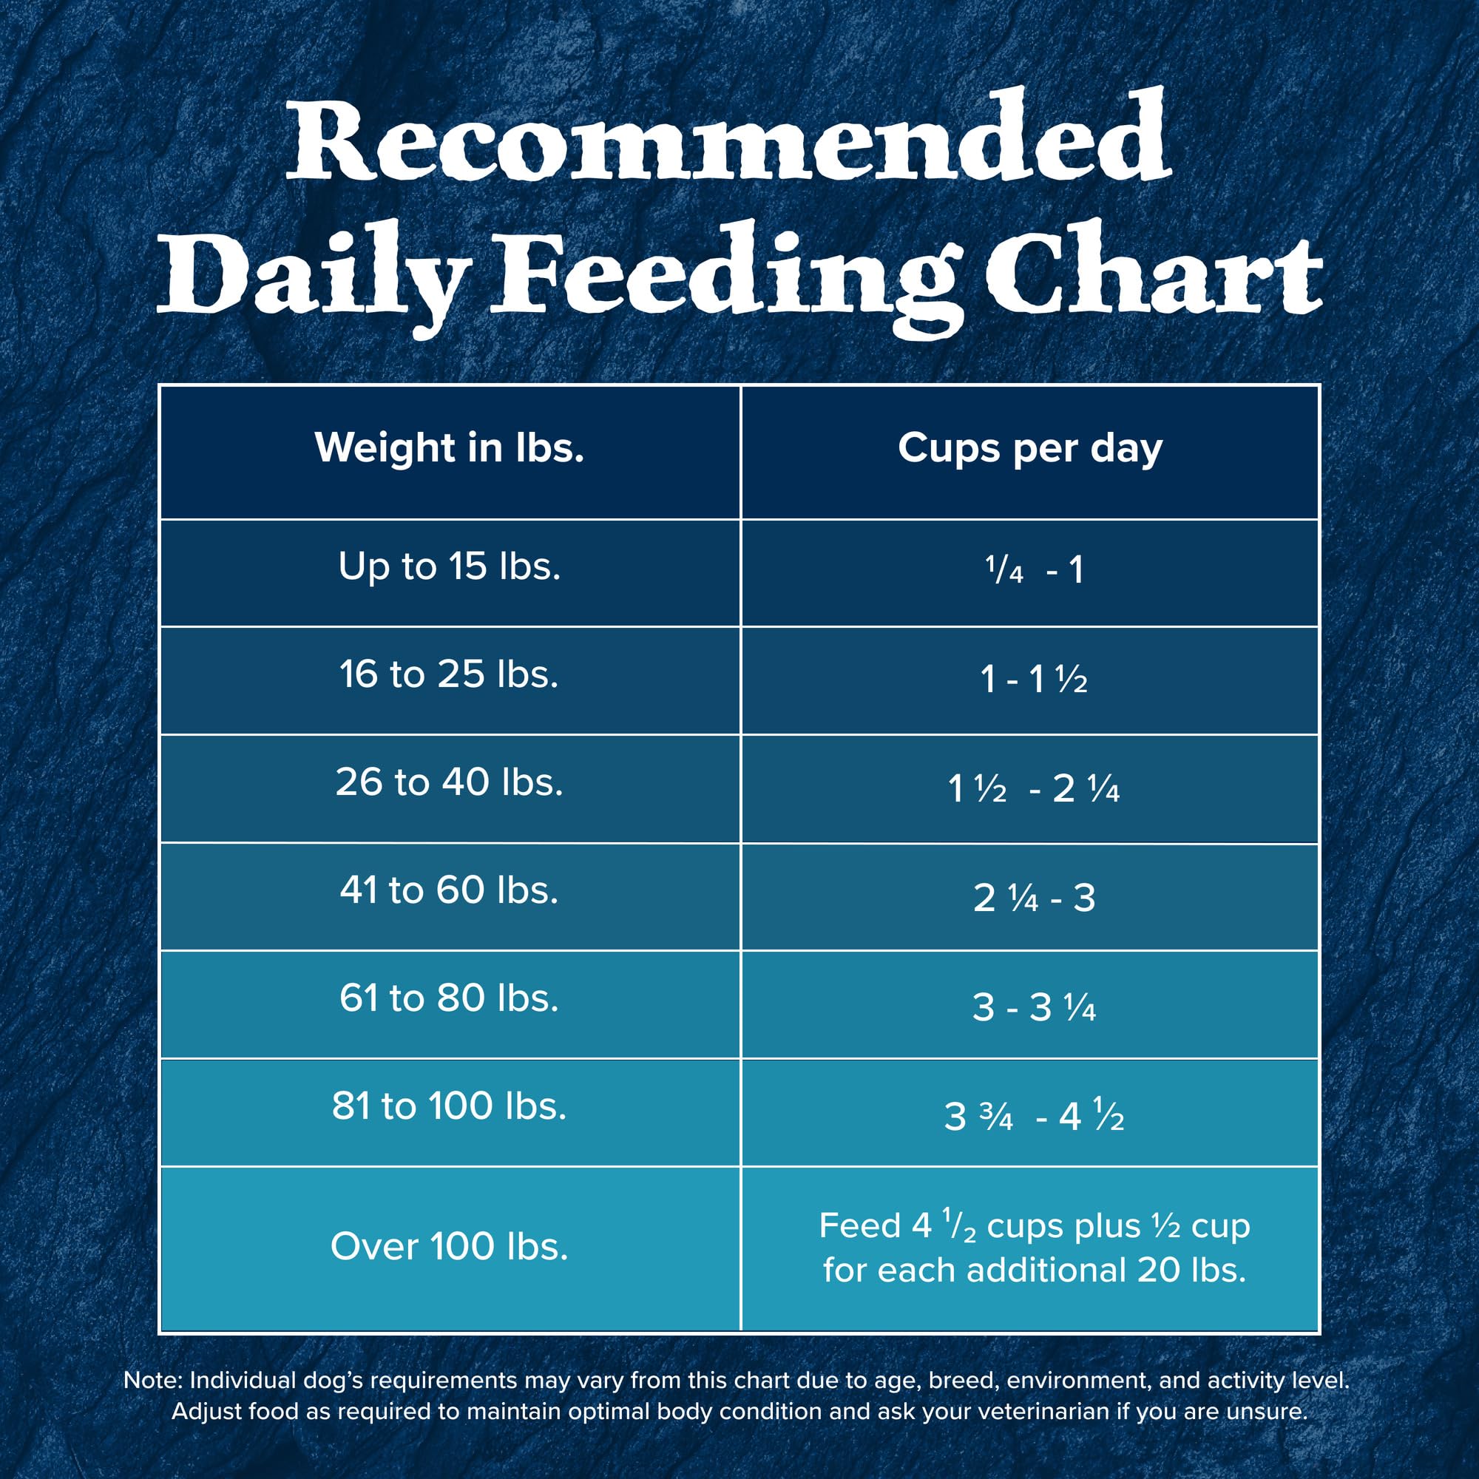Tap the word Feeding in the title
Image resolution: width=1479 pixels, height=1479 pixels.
(x=723, y=276)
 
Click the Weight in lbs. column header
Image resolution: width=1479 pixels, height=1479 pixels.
(x=450, y=448)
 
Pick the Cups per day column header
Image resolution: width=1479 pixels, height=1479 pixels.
(x=1029, y=450)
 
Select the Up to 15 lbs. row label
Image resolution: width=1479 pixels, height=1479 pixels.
(x=450, y=567)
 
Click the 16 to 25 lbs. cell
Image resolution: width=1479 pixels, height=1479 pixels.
(x=450, y=675)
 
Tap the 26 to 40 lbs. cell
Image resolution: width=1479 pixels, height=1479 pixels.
(x=450, y=782)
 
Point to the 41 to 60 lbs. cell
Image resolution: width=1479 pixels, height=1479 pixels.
(x=450, y=890)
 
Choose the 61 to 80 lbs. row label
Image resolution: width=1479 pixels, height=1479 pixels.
(x=450, y=998)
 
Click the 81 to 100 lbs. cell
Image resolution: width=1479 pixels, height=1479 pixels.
(x=450, y=1106)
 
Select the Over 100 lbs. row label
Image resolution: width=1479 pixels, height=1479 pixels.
(x=450, y=1247)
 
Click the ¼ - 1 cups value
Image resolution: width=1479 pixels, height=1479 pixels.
(x=1034, y=570)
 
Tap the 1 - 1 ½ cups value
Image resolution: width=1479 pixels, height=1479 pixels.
(x=1034, y=679)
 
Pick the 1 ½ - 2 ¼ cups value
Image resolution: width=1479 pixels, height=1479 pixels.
(x=1034, y=788)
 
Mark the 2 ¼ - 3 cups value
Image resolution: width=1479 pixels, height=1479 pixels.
(x=1034, y=897)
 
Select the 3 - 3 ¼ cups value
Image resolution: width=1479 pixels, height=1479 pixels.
(x=1034, y=1006)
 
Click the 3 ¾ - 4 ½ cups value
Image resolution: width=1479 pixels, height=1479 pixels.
(x=1034, y=1116)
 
